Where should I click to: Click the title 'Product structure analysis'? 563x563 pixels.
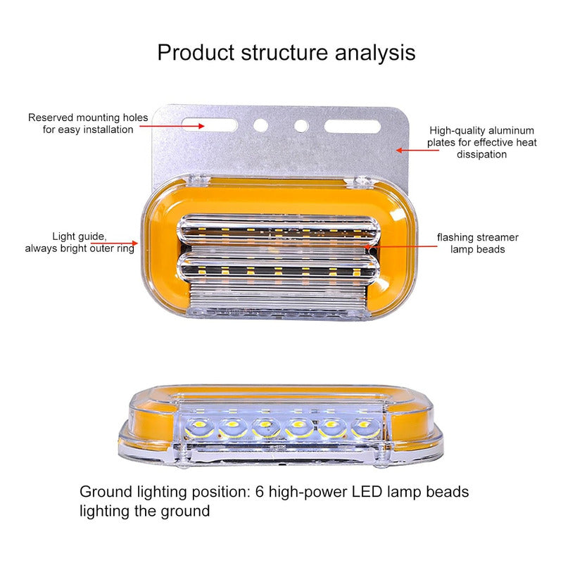[286, 52]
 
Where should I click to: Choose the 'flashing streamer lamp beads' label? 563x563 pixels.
[477, 243]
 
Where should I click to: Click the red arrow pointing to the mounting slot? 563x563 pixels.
[171, 126]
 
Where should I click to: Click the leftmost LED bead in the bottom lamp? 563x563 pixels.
[194, 426]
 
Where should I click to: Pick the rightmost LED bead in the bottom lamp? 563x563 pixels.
[364, 426]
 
